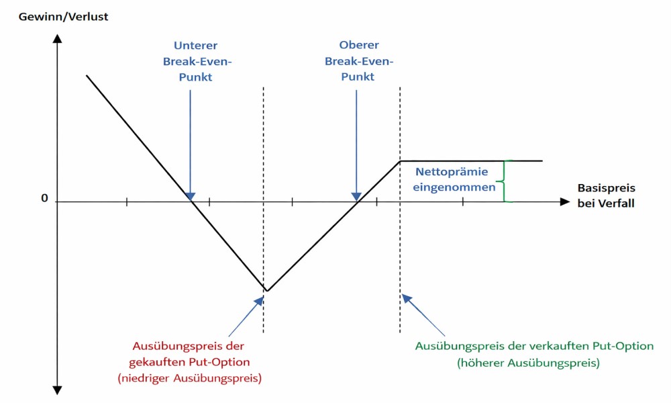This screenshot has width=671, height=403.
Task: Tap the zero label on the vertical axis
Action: click(x=45, y=199)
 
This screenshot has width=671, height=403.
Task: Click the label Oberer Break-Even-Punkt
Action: click(x=358, y=61)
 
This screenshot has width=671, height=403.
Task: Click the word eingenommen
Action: click(x=454, y=187)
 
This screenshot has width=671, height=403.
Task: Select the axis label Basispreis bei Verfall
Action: click(x=606, y=195)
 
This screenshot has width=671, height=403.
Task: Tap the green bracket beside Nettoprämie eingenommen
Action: click(x=508, y=181)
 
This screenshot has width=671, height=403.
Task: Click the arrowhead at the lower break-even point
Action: click(x=191, y=197)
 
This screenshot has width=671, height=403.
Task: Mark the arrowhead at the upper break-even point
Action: click(x=357, y=197)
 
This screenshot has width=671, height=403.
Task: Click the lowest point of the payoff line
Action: click(x=266, y=291)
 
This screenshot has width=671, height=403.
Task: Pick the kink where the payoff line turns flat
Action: click(x=400, y=161)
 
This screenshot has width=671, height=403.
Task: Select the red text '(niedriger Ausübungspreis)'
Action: click(x=189, y=378)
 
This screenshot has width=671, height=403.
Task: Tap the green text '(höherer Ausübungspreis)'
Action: click(x=527, y=363)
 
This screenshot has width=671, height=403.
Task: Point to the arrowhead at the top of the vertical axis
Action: click(x=57, y=38)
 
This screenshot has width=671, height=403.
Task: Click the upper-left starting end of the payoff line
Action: click(x=87, y=76)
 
